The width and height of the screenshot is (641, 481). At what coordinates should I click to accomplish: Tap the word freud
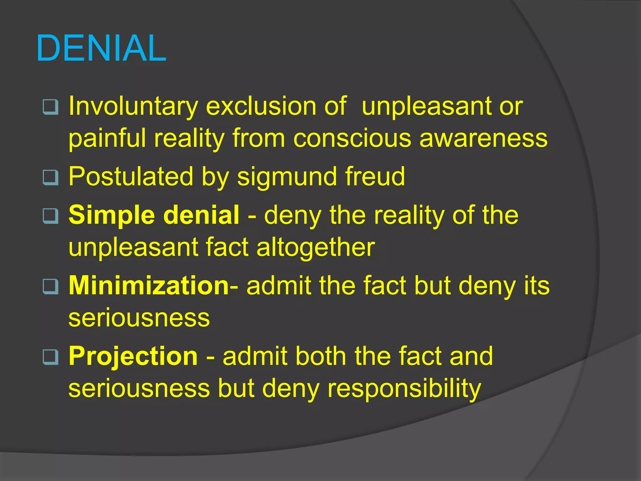[375, 177]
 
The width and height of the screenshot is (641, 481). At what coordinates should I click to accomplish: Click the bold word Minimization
[149, 286]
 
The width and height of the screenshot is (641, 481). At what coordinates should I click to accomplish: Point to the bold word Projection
[133, 356]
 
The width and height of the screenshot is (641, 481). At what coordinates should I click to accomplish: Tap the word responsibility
[404, 389]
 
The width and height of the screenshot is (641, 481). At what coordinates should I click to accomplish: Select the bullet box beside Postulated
[50, 178]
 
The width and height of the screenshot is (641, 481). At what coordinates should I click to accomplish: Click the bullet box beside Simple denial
[50, 216]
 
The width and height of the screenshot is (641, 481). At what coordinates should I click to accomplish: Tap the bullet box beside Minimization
[50, 287]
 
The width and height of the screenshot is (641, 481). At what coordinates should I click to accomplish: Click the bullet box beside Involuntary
[50, 107]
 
